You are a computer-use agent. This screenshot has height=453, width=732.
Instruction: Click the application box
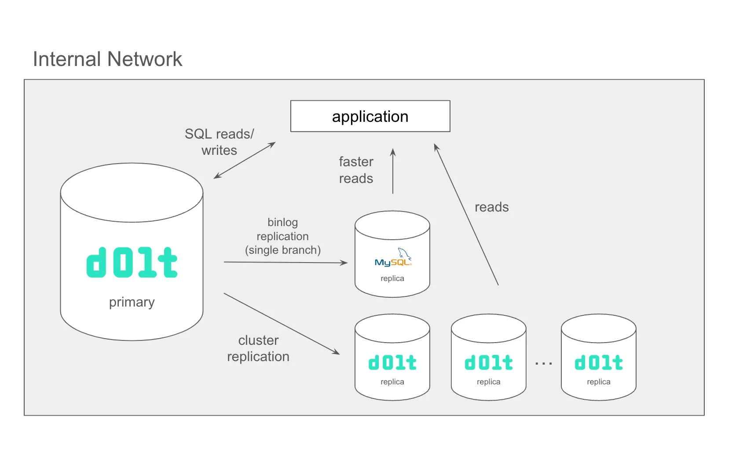click(x=370, y=116)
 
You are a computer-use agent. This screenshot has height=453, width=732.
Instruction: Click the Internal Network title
click(x=107, y=59)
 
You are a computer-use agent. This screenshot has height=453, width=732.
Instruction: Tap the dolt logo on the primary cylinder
click(x=132, y=263)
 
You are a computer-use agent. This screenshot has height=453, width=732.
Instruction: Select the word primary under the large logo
click(x=132, y=302)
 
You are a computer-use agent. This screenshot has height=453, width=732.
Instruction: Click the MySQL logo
click(x=393, y=259)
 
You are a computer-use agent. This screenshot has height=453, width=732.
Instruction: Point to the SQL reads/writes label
click(x=219, y=142)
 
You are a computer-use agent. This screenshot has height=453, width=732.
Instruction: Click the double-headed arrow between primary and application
click(x=245, y=160)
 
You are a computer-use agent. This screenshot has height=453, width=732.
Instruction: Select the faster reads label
click(x=356, y=170)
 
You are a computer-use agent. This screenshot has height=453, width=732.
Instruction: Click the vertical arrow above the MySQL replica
click(x=393, y=172)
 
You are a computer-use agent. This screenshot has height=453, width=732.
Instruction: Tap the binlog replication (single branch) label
click(x=282, y=236)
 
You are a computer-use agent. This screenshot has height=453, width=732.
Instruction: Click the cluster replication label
click(x=258, y=348)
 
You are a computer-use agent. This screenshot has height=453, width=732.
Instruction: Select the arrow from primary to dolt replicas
click(x=282, y=323)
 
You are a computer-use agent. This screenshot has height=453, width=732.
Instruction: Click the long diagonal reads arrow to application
click(x=466, y=215)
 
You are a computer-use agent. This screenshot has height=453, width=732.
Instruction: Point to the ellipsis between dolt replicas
click(x=544, y=364)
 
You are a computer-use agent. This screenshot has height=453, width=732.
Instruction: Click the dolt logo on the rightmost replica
click(x=598, y=363)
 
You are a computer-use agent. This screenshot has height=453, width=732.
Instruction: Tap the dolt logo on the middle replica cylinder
click(x=488, y=363)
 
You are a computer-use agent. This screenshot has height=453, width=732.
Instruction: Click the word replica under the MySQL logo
click(x=392, y=278)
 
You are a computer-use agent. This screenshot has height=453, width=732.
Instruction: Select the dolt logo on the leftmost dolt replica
click(x=392, y=363)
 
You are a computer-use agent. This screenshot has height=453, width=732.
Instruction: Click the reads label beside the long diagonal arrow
click(x=491, y=207)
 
